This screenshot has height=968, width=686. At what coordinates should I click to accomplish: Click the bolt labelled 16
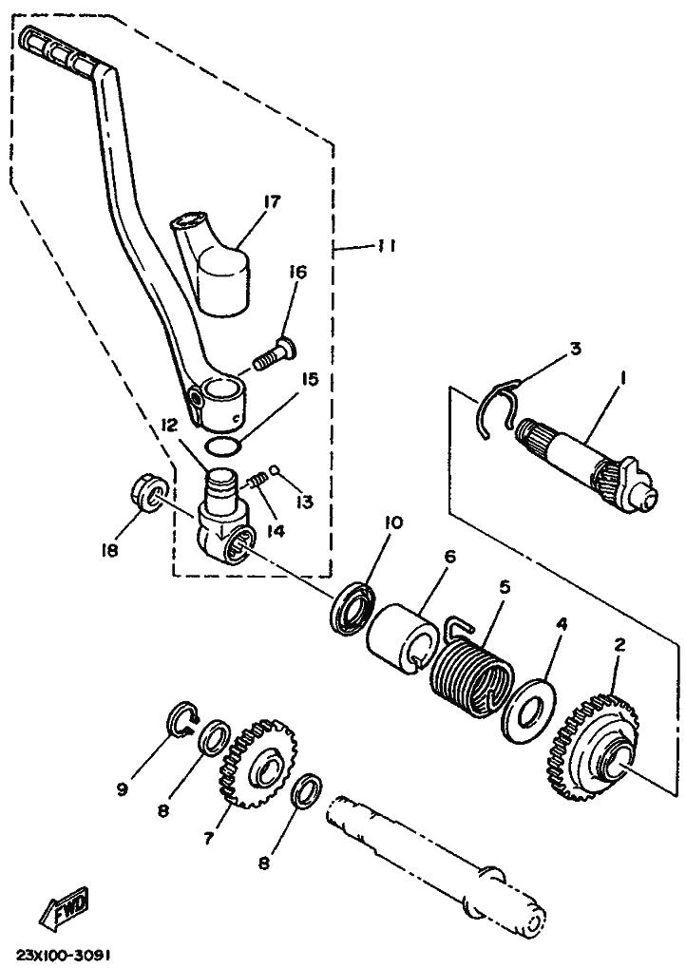(x=275, y=351)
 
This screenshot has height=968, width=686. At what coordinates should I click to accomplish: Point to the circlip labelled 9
(x=182, y=719)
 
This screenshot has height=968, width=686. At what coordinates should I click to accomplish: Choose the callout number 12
(x=170, y=426)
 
